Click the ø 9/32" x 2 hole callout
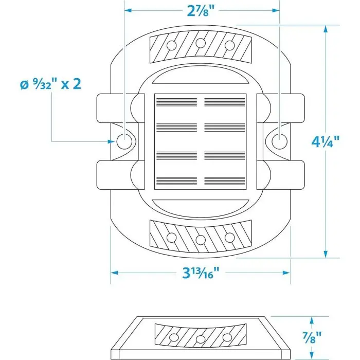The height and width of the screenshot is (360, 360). pyautogui.click(x=51, y=84)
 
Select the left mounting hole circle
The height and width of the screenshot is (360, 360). pyautogui.click(x=124, y=139)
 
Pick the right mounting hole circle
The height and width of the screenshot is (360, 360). pyautogui.click(x=279, y=138)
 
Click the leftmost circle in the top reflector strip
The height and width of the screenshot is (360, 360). pyautogui.click(x=172, y=45)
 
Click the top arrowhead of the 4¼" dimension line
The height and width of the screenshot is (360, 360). pyautogui.click(x=325, y=29)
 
